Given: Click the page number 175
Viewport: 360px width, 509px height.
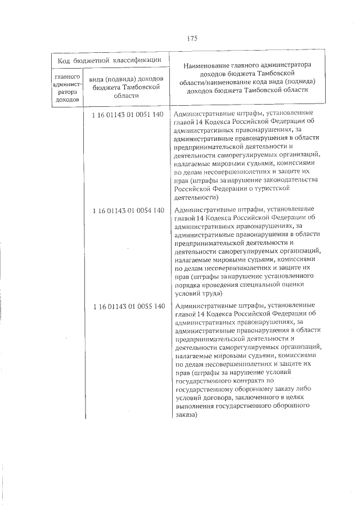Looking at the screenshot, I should pyautogui.click(x=191, y=38).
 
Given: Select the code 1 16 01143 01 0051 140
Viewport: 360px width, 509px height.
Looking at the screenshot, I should pyautogui.click(x=127, y=114).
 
